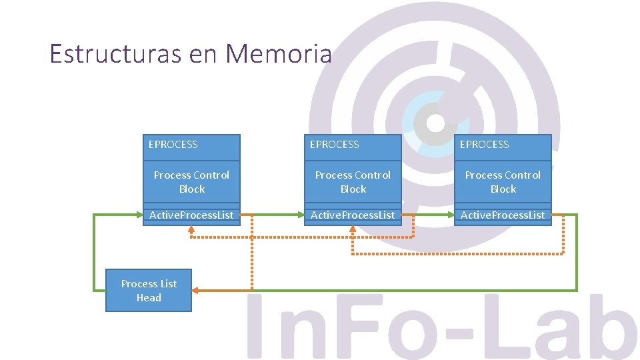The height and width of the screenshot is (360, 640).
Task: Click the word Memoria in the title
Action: click(x=278, y=53)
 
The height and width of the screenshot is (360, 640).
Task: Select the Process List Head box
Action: click(x=149, y=291)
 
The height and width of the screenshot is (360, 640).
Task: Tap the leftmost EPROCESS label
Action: click(x=173, y=145)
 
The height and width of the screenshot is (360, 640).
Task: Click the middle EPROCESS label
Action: click(x=335, y=145)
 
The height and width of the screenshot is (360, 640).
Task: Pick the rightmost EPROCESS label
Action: click(x=485, y=145)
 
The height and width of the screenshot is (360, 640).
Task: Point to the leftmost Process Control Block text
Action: click(x=191, y=182)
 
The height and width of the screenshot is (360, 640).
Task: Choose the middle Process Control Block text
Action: click(x=353, y=182)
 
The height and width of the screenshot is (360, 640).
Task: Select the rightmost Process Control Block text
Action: click(x=503, y=182)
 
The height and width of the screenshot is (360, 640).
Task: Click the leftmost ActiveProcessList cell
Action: click(x=191, y=215)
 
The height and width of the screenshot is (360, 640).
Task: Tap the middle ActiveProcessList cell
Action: click(x=353, y=215)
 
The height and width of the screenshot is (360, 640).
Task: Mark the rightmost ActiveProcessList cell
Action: click(x=503, y=215)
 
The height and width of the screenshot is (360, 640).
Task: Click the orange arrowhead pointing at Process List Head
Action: click(x=196, y=291)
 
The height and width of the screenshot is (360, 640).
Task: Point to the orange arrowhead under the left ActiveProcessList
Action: click(x=191, y=229)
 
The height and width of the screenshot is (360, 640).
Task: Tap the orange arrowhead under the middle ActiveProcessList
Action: click(x=353, y=229)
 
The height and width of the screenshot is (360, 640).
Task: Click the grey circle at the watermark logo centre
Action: click(x=435, y=123)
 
